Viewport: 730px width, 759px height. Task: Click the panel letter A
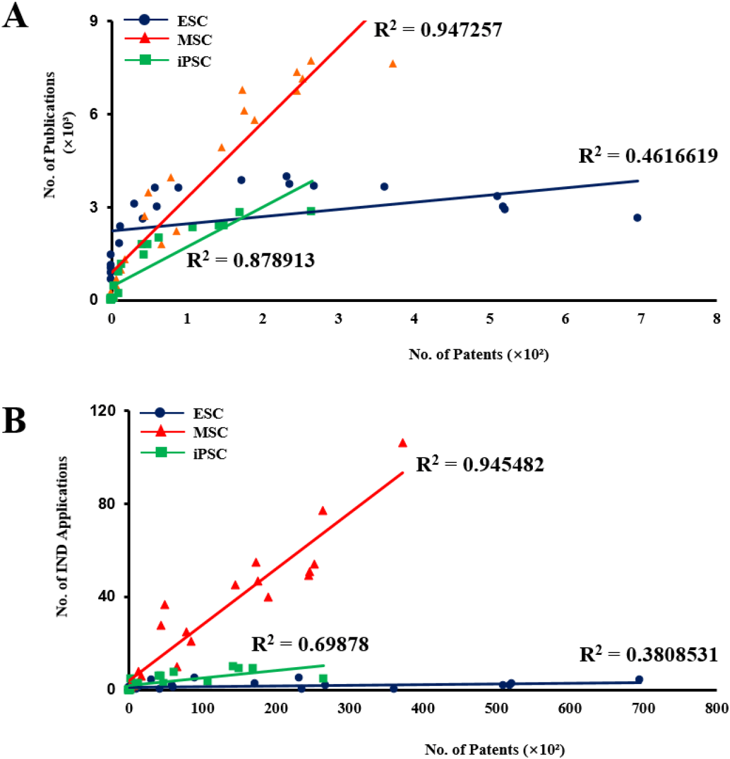click(x=15, y=16)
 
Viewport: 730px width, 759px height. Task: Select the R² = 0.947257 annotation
click(x=438, y=29)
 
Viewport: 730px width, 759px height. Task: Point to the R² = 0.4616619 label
click(x=648, y=156)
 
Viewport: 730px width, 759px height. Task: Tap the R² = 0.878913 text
click(x=250, y=260)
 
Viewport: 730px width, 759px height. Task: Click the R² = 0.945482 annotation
click(x=480, y=465)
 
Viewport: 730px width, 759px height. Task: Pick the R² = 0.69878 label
click(x=310, y=644)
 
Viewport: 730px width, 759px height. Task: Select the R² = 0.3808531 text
click(x=648, y=654)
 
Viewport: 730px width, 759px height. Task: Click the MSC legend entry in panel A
click(x=194, y=40)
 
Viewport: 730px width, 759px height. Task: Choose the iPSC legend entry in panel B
click(x=209, y=454)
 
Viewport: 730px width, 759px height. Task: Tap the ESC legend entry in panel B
click(x=208, y=414)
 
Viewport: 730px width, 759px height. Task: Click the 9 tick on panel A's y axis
click(x=94, y=21)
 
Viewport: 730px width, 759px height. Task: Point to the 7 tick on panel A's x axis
click(x=641, y=319)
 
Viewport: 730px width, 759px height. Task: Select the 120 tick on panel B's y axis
click(x=104, y=411)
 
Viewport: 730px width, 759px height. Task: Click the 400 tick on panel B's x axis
click(x=423, y=708)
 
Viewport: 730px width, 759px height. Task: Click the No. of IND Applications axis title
click(x=62, y=536)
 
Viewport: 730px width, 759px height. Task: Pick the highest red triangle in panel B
click(x=402, y=443)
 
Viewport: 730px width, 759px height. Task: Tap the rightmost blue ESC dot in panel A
click(x=637, y=218)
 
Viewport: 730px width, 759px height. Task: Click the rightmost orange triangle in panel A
click(x=392, y=64)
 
